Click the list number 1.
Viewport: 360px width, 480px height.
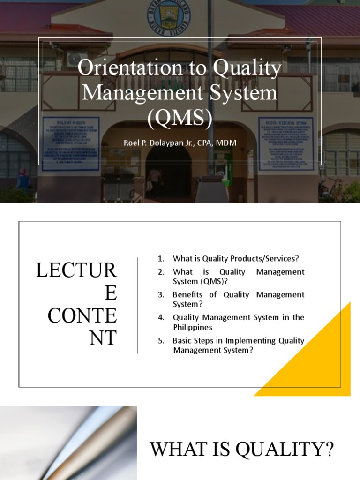click(x=161, y=258)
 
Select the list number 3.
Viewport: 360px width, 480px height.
click(x=161, y=295)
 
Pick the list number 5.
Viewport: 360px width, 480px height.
click(x=161, y=341)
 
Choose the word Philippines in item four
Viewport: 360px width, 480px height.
click(x=192, y=327)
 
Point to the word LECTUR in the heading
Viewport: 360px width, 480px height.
click(x=76, y=271)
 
